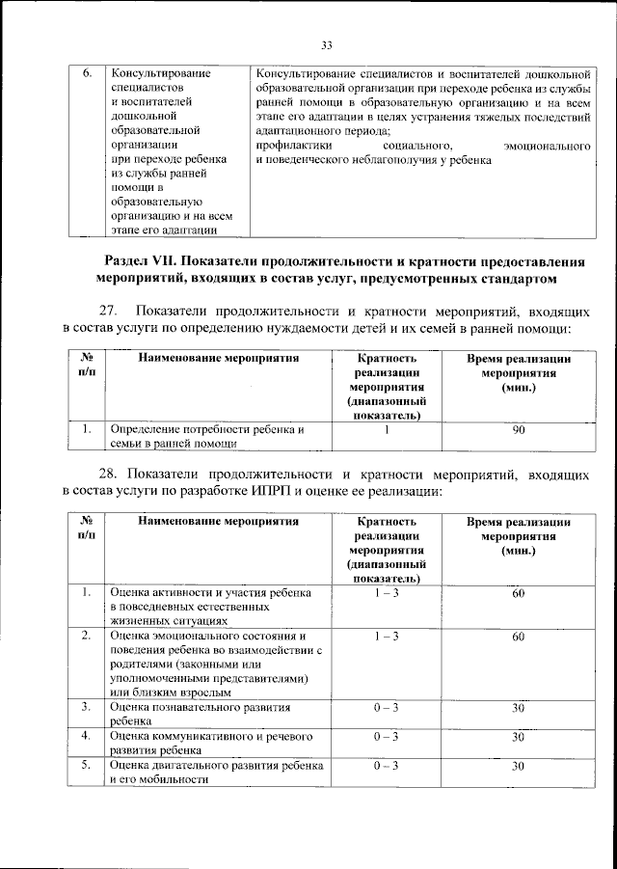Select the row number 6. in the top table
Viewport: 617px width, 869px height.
(87, 72)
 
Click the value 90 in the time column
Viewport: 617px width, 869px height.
(518, 430)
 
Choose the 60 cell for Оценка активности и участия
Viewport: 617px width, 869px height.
(518, 593)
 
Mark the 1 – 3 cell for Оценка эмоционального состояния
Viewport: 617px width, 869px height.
(386, 638)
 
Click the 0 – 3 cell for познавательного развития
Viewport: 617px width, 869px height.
(386, 708)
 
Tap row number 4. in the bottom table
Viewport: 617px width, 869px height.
(87, 737)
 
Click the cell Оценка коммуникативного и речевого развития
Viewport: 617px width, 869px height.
(211, 743)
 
